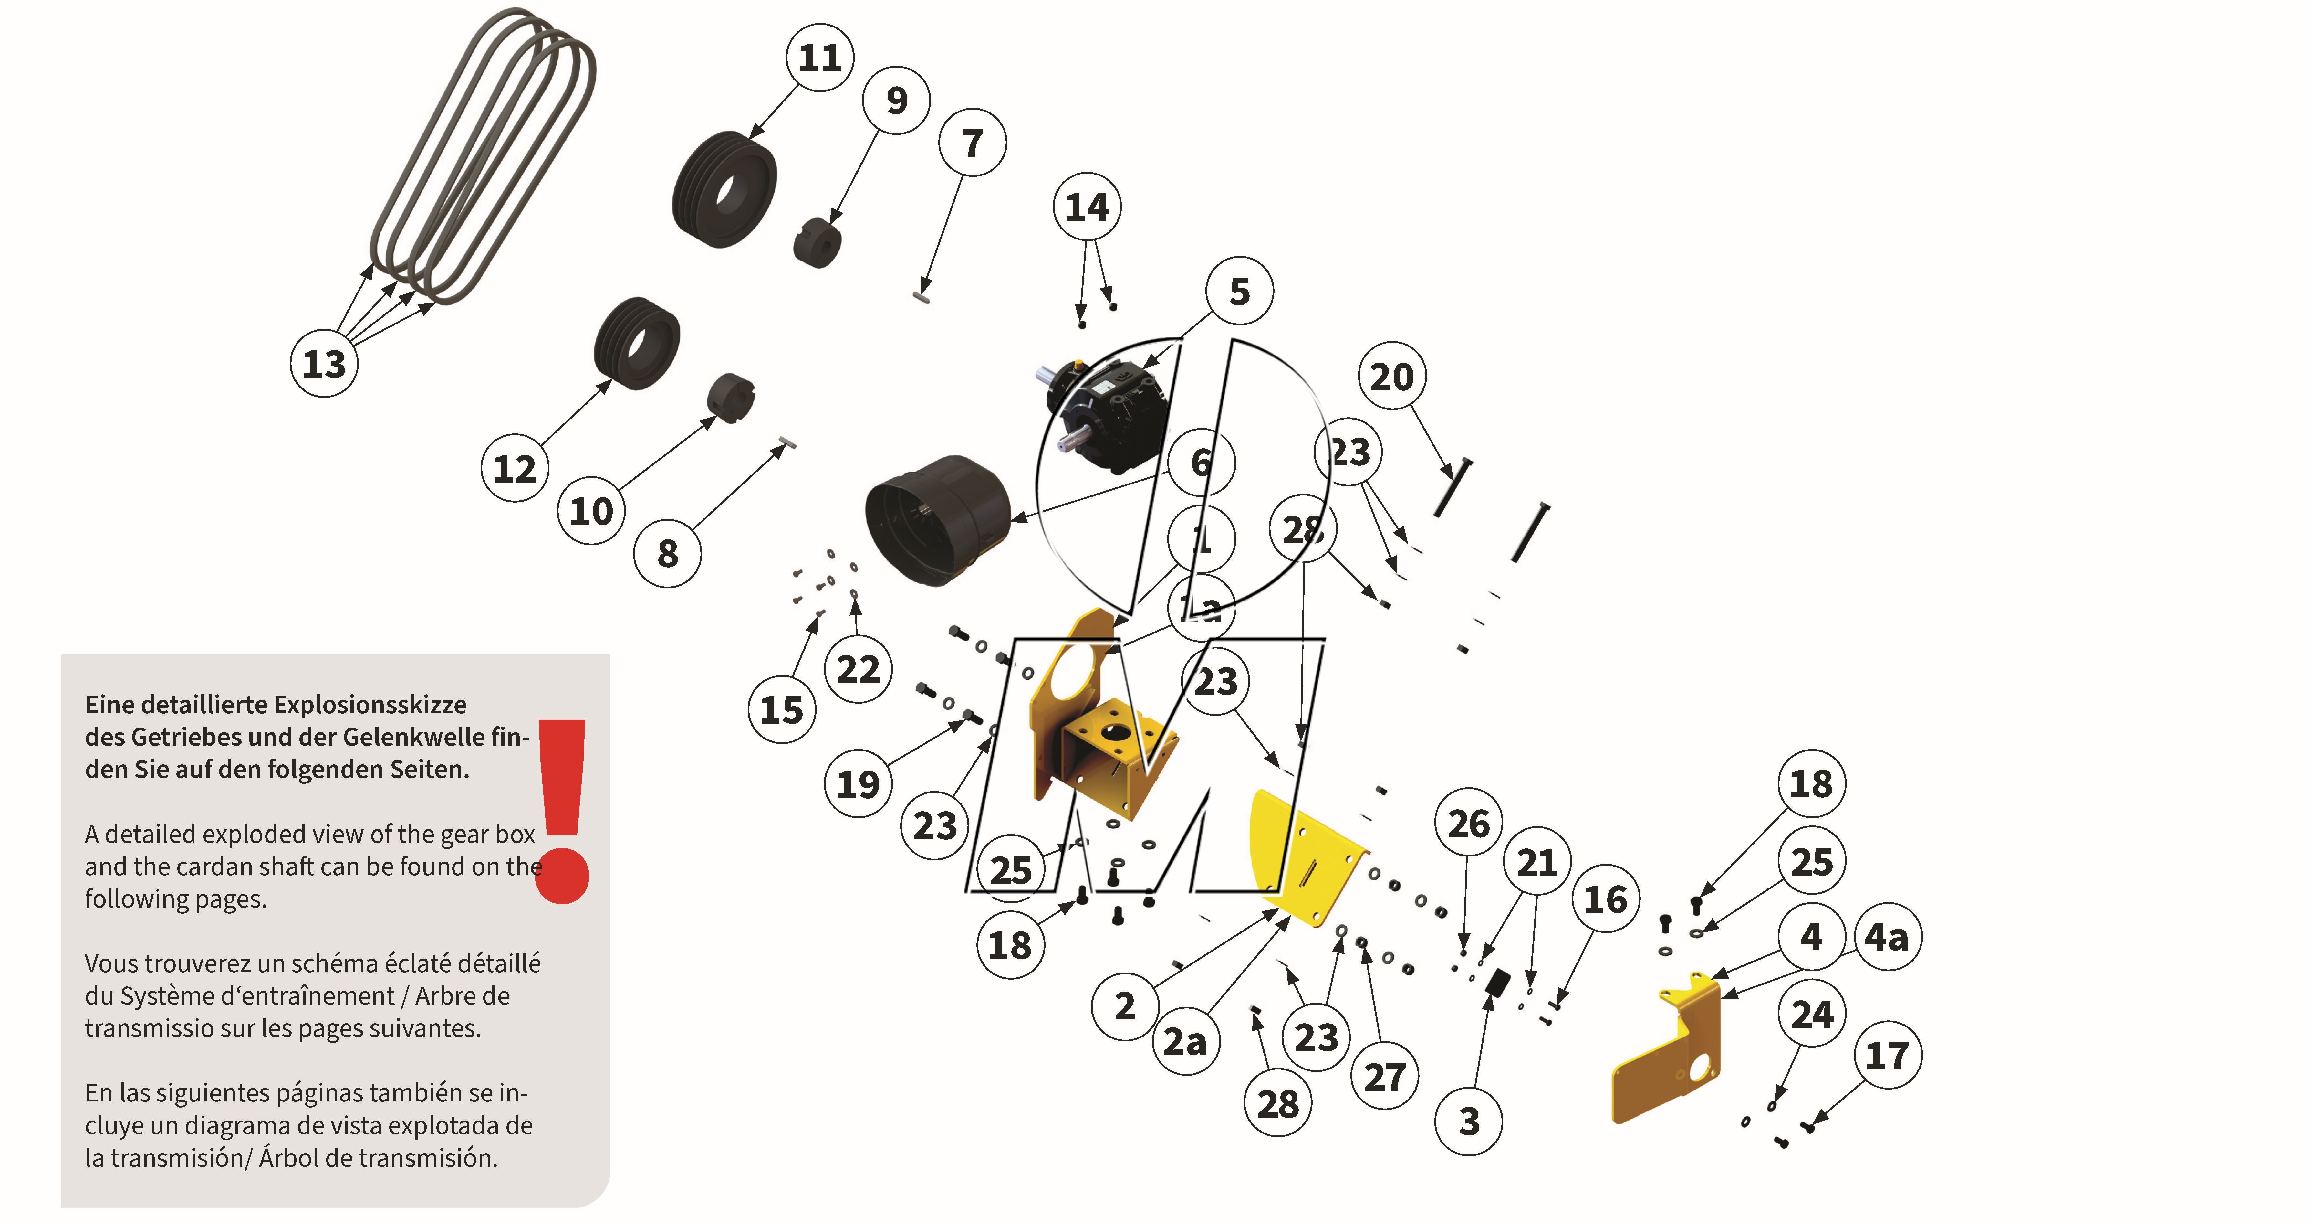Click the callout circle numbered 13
coord(324,364)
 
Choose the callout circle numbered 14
coord(1087,207)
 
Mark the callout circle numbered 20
coord(1391,376)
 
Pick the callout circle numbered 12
coord(514,468)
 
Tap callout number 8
coord(667,553)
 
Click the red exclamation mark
coord(563,808)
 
